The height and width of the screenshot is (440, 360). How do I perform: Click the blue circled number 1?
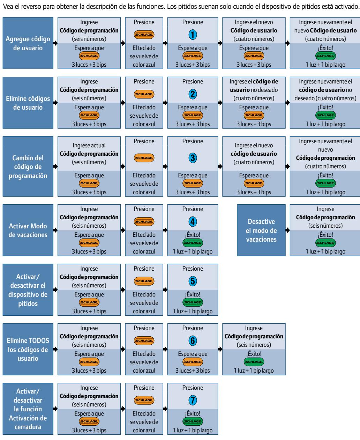(193, 35)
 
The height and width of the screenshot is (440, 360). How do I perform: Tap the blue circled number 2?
(193, 94)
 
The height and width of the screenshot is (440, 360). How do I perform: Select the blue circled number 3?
(193, 158)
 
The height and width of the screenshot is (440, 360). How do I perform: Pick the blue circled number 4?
(193, 221)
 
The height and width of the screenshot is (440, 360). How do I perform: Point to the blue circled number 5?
(193, 281)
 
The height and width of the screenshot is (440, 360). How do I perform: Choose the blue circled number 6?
(193, 341)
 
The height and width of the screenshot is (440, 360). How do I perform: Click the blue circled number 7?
(193, 400)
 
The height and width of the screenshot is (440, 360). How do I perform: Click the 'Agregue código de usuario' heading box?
(28, 43)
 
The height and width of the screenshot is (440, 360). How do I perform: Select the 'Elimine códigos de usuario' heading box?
(28, 103)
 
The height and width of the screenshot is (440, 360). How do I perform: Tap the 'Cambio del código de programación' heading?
(28, 167)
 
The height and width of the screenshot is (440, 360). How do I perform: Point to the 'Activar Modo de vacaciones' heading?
(28, 230)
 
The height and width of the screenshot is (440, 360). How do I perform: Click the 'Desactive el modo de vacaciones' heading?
(261, 230)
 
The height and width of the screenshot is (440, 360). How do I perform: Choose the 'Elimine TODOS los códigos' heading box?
(28, 349)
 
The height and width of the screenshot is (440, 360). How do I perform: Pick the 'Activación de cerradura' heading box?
(28, 409)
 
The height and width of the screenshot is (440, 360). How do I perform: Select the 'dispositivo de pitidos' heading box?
(28, 289)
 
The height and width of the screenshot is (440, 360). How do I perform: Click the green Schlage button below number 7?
(193, 421)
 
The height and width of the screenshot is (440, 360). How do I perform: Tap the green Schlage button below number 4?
(193, 243)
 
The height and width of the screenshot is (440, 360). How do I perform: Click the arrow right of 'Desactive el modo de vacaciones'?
(288, 230)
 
